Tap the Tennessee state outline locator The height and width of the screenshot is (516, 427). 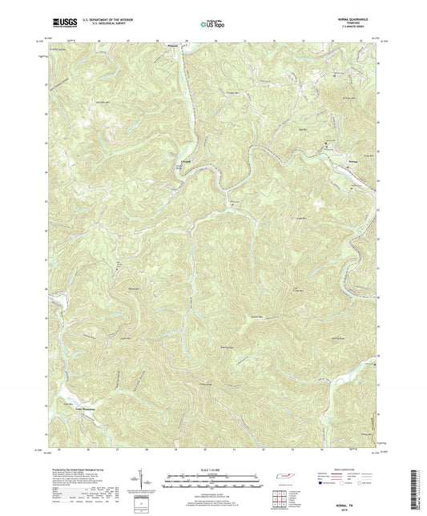pyautogui.click(x=284, y=477)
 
